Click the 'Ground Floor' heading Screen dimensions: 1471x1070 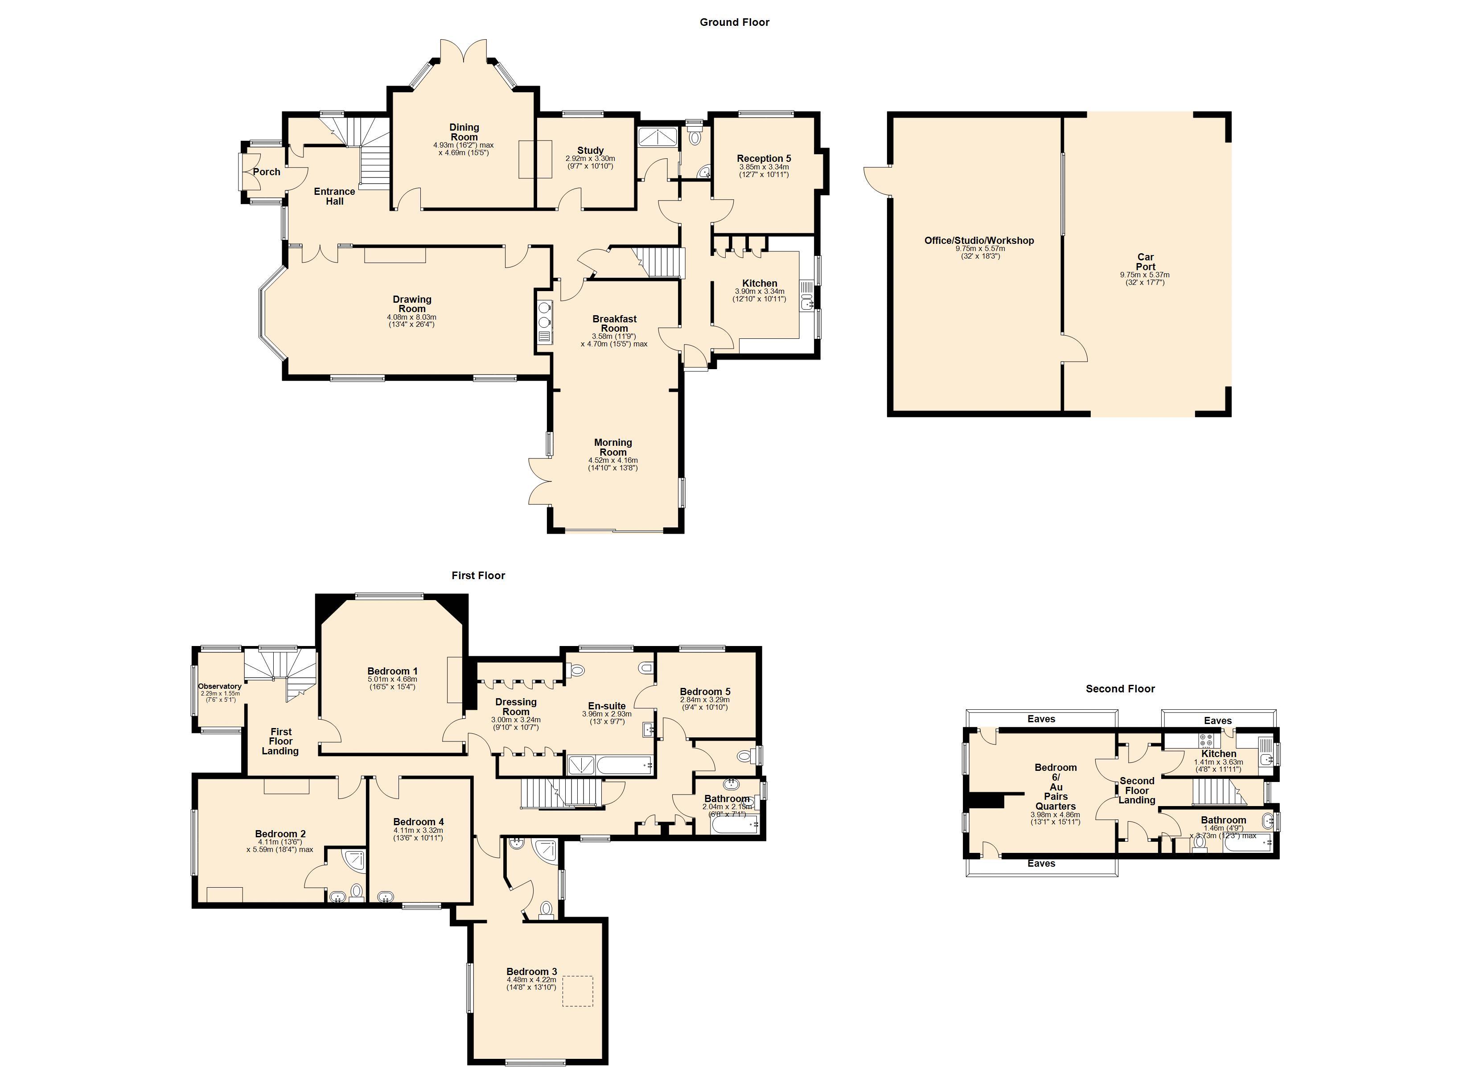tap(734, 22)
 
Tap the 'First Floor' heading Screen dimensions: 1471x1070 tap(478, 576)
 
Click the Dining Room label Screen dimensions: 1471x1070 tap(464, 132)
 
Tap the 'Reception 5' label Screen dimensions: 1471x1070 tap(764, 158)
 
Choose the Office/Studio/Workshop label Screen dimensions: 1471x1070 tap(979, 241)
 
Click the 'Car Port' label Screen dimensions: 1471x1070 tap(1146, 262)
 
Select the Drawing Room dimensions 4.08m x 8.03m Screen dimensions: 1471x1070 tap(412, 317)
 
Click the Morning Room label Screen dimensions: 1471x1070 tap(613, 447)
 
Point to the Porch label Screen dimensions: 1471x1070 tap(267, 172)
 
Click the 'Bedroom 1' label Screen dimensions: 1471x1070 tap(392, 671)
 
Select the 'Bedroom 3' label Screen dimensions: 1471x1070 tap(532, 971)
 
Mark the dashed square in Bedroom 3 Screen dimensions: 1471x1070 tap(577, 991)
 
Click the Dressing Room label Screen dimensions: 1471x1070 tap(516, 707)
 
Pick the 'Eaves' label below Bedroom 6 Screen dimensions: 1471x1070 tap(1042, 864)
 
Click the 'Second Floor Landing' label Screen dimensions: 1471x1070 tap(1137, 790)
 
